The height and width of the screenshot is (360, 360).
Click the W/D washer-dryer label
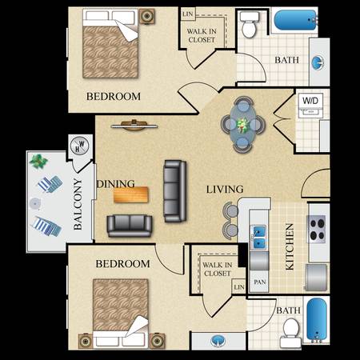(310, 101)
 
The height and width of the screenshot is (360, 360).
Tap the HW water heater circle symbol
(79, 146)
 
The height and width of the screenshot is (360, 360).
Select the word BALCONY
(78, 204)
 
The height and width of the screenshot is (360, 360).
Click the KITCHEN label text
(290, 246)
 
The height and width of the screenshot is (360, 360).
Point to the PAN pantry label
(260, 282)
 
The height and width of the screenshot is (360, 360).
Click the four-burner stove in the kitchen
(317, 229)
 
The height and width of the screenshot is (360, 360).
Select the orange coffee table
(131, 194)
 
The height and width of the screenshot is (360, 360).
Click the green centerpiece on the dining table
(243, 125)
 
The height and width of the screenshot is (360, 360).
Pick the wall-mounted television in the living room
(134, 126)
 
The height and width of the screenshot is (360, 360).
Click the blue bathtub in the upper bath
(295, 20)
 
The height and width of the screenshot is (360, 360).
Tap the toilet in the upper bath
(250, 24)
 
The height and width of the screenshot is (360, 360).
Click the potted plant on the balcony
(38, 162)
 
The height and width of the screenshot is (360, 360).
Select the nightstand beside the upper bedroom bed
(146, 17)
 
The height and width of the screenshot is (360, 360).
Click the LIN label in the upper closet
(188, 14)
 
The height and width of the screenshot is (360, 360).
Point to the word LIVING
(225, 190)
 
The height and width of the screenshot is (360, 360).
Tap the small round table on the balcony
(34, 203)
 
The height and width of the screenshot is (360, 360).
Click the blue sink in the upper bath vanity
(318, 63)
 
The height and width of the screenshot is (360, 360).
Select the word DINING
(116, 184)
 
